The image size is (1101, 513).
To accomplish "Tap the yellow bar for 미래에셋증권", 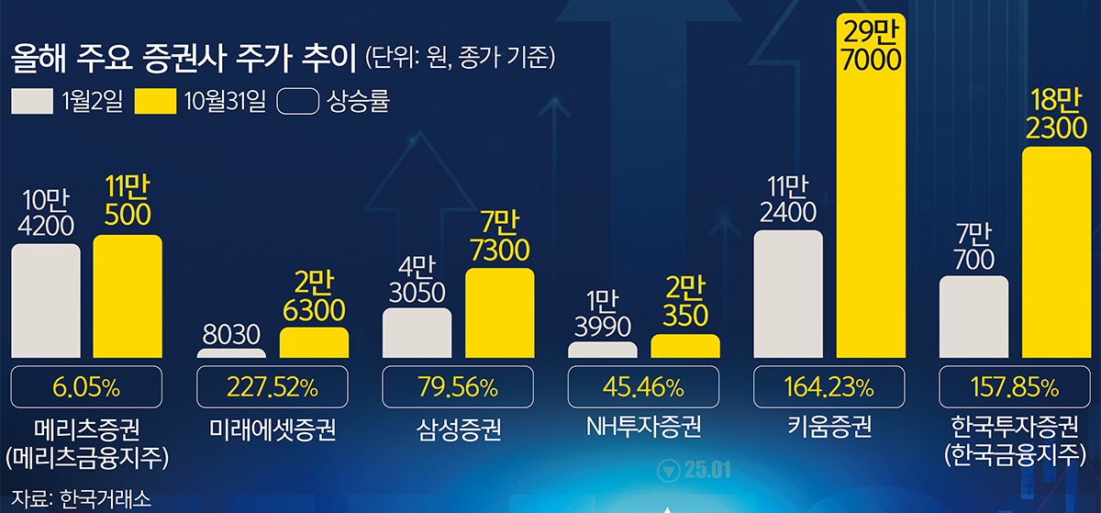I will click(314, 342).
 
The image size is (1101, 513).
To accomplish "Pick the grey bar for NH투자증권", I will click(603, 350).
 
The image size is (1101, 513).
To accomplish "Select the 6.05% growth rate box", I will click(86, 386).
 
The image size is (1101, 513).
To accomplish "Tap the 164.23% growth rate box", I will click(829, 386).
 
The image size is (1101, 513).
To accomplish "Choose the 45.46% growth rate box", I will click(643, 386).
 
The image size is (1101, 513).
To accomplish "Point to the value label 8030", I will click(231, 335).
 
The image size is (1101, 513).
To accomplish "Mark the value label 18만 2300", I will click(1056, 116).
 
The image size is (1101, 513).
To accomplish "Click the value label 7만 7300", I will click(499, 237).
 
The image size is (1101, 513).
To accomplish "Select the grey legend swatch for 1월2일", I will click(32, 101).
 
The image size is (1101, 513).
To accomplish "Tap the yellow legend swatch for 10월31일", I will click(155, 101).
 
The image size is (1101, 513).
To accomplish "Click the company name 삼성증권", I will click(458, 429).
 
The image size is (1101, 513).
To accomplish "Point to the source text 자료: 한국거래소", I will click(64, 498).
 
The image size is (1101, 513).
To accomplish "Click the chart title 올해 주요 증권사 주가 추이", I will click(183, 61).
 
